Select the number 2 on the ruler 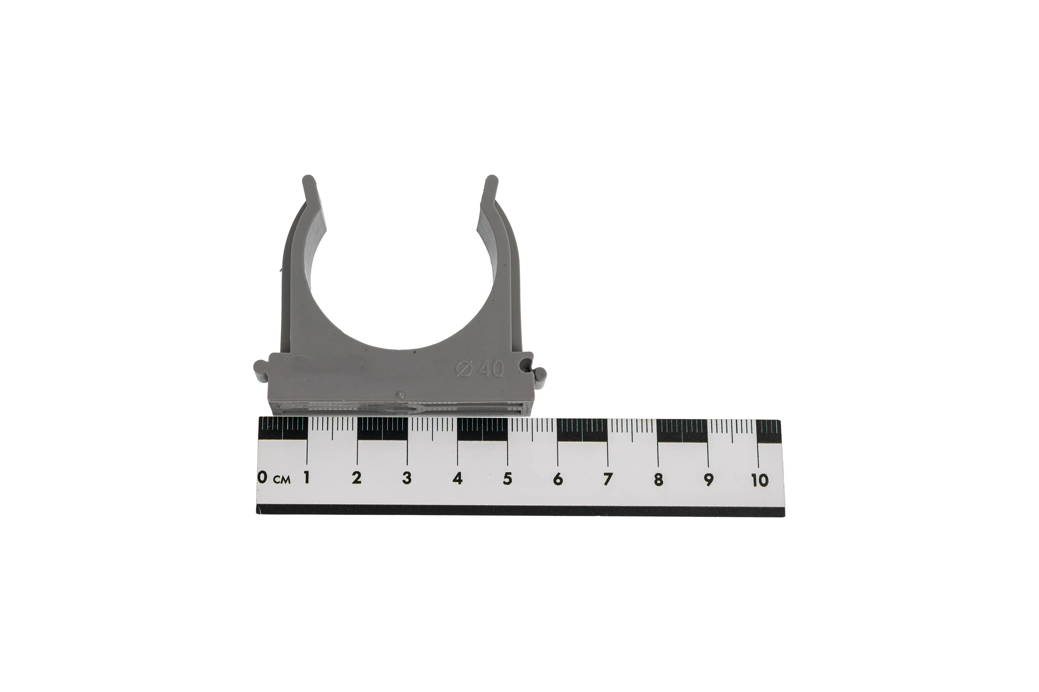(x=356, y=478)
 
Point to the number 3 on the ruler (x=407, y=478)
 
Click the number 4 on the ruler (x=457, y=478)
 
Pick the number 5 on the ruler (x=507, y=479)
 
